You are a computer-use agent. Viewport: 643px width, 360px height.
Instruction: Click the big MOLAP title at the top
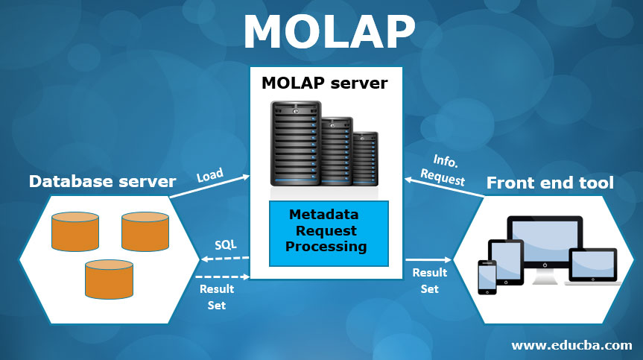(328, 33)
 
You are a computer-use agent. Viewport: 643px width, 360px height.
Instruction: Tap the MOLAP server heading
(324, 83)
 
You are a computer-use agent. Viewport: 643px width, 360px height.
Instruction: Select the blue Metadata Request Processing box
(329, 233)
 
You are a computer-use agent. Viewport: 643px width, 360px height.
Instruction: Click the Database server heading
(102, 181)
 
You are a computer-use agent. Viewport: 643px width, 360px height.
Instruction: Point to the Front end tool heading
(550, 182)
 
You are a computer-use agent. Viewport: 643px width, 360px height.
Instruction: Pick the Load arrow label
(210, 177)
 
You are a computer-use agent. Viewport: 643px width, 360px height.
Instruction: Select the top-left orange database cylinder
(75, 231)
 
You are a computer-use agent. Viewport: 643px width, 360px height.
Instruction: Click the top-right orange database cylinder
(146, 231)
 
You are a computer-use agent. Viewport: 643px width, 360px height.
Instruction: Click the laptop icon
(593, 266)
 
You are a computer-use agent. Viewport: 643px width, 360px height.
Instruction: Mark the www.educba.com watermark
(572, 345)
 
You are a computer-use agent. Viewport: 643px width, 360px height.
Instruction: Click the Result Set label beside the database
(217, 297)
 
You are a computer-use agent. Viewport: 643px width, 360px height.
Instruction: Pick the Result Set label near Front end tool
(429, 280)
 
